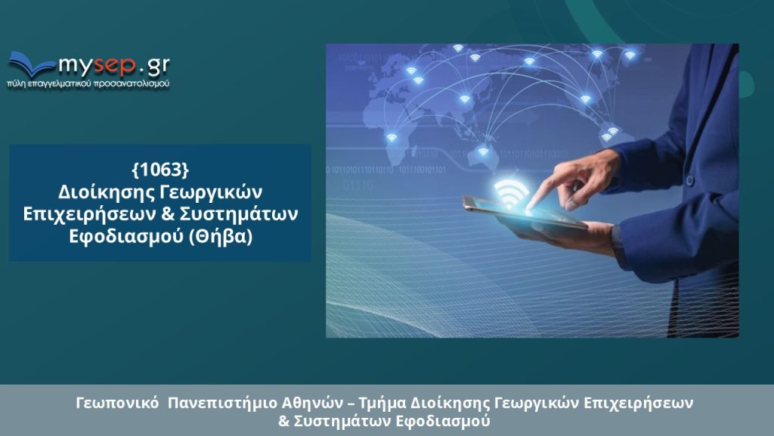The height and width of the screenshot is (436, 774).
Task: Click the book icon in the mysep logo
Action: [30, 64]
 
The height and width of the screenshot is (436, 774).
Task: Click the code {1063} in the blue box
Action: [160, 170]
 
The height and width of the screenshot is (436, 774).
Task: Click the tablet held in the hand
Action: [524, 213]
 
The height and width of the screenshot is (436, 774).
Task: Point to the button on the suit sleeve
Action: [689, 181]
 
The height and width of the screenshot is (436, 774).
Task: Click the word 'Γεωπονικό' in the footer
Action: [117, 403]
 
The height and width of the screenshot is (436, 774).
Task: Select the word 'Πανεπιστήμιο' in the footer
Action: [222, 403]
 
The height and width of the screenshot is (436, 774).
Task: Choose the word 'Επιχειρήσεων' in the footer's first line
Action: [638, 403]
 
